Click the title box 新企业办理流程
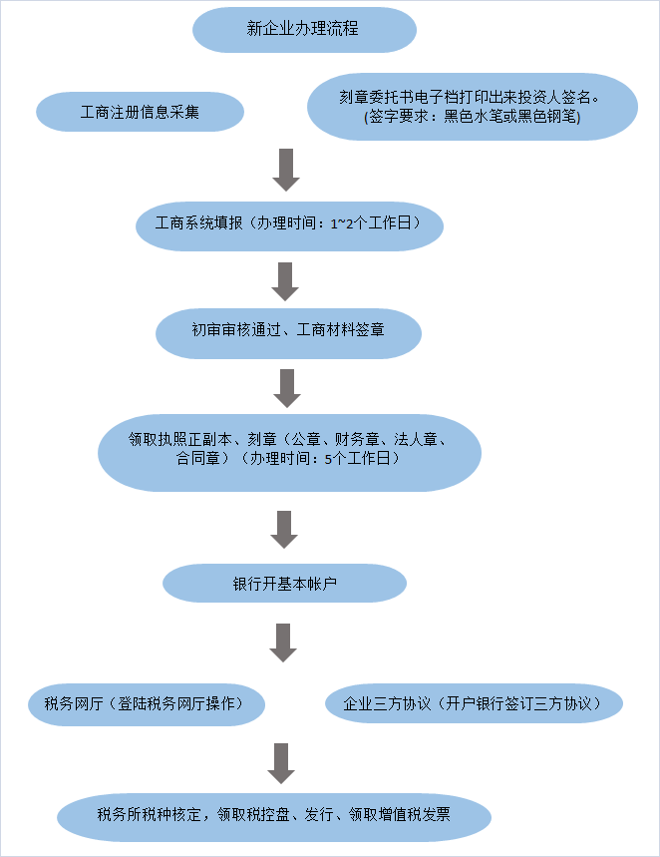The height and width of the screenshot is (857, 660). coord(303,29)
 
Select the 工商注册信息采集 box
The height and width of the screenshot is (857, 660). coord(140,112)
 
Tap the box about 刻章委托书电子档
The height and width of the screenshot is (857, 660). coord(472,107)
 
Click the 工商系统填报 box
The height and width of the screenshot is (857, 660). coord(288,223)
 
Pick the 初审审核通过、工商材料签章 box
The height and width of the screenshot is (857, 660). coord(288,331)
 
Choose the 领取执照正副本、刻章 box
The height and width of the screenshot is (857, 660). coord(289,449)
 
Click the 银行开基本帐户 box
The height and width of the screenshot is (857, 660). coord(284,583)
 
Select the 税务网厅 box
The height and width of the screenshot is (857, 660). coord(148,703)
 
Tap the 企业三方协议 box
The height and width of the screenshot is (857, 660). coord(474,703)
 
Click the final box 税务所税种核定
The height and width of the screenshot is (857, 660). coord(274,815)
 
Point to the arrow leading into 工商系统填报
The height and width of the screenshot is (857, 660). coord(286,170)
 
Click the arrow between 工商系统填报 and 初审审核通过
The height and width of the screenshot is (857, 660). coord(286,281)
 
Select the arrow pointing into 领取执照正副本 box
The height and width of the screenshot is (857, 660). coord(287,388)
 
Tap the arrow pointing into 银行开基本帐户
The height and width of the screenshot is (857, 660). coord(285,529)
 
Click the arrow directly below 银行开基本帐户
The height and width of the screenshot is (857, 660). coord(284,643)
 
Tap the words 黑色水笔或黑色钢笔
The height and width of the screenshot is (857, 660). coord(509,117)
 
